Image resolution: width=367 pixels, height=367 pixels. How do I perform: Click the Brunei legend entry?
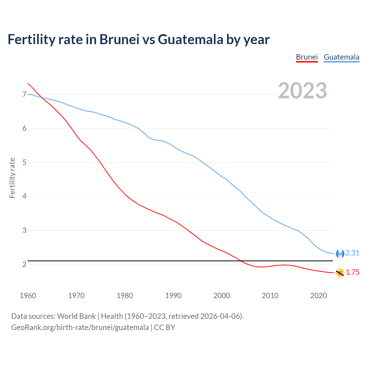pyautogui.click(x=307, y=57)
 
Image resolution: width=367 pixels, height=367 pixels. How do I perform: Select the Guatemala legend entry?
pyautogui.click(x=341, y=57)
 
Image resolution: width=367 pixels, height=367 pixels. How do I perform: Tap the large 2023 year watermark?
pyautogui.click(x=302, y=91)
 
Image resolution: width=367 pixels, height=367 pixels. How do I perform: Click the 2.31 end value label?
pyautogui.click(x=352, y=253)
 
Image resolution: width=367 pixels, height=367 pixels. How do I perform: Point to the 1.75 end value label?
pyautogui.click(x=352, y=272)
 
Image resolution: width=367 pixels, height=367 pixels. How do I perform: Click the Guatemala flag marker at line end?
pyautogui.click(x=340, y=253)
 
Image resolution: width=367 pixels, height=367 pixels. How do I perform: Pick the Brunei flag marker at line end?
pyautogui.click(x=340, y=273)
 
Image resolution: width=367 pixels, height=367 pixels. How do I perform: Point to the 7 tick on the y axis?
pyautogui.click(x=24, y=94)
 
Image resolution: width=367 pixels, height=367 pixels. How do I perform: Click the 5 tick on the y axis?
pyautogui.click(x=24, y=162)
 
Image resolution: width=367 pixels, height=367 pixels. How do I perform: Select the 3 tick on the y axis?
pyautogui.click(x=24, y=230)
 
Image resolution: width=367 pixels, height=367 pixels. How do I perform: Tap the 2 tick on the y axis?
pyautogui.click(x=24, y=264)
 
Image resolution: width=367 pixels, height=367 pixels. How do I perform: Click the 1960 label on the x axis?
pyautogui.click(x=28, y=296)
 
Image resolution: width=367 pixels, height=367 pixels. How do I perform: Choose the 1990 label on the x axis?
pyautogui.click(x=173, y=296)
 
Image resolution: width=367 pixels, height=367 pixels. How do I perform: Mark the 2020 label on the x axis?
pyautogui.click(x=319, y=296)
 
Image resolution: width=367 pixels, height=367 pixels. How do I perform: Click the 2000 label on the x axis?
pyautogui.click(x=222, y=296)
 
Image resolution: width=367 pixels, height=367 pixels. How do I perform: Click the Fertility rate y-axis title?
pyautogui.click(x=12, y=178)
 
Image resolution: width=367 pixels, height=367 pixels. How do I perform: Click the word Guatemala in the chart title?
pyautogui.click(x=190, y=39)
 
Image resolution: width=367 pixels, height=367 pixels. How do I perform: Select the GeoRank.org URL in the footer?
pyautogui.click(x=80, y=327)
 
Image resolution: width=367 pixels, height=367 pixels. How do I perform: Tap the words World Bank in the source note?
pyautogui.click(x=76, y=316)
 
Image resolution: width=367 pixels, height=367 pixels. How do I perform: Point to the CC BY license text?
pyautogui.click(x=165, y=327)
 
